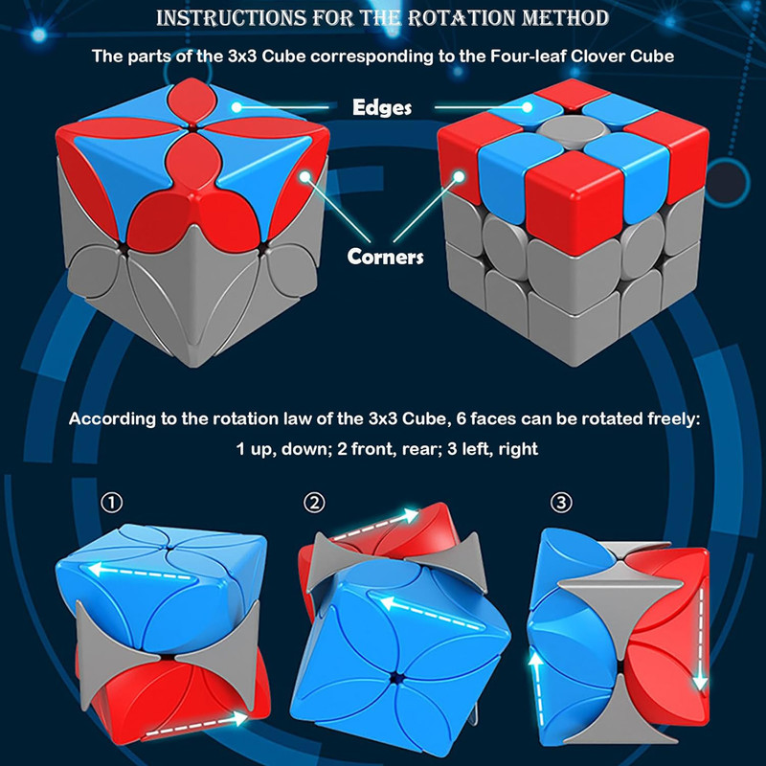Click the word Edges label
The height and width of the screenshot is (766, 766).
tap(382, 107)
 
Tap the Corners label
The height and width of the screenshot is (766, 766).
tap(385, 257)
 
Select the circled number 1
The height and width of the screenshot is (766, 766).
tap(112, 502)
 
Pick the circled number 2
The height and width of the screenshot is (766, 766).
tap(314, 502)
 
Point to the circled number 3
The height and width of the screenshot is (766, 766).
tap(561, 502)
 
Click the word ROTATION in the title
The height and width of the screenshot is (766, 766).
tap(461, 18)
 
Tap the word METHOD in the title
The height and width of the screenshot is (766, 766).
tap(565, 18)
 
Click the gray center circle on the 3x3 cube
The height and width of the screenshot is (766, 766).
tap(571, 131)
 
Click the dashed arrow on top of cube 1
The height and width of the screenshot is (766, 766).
tap(142, 573)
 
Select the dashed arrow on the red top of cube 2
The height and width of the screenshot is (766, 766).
tap(375, 524)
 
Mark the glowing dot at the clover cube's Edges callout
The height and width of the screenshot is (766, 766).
tap(237, 107)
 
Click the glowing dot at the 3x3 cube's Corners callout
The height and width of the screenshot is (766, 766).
tap(459, 177)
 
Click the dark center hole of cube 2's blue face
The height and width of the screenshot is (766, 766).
tap(394, 679)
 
